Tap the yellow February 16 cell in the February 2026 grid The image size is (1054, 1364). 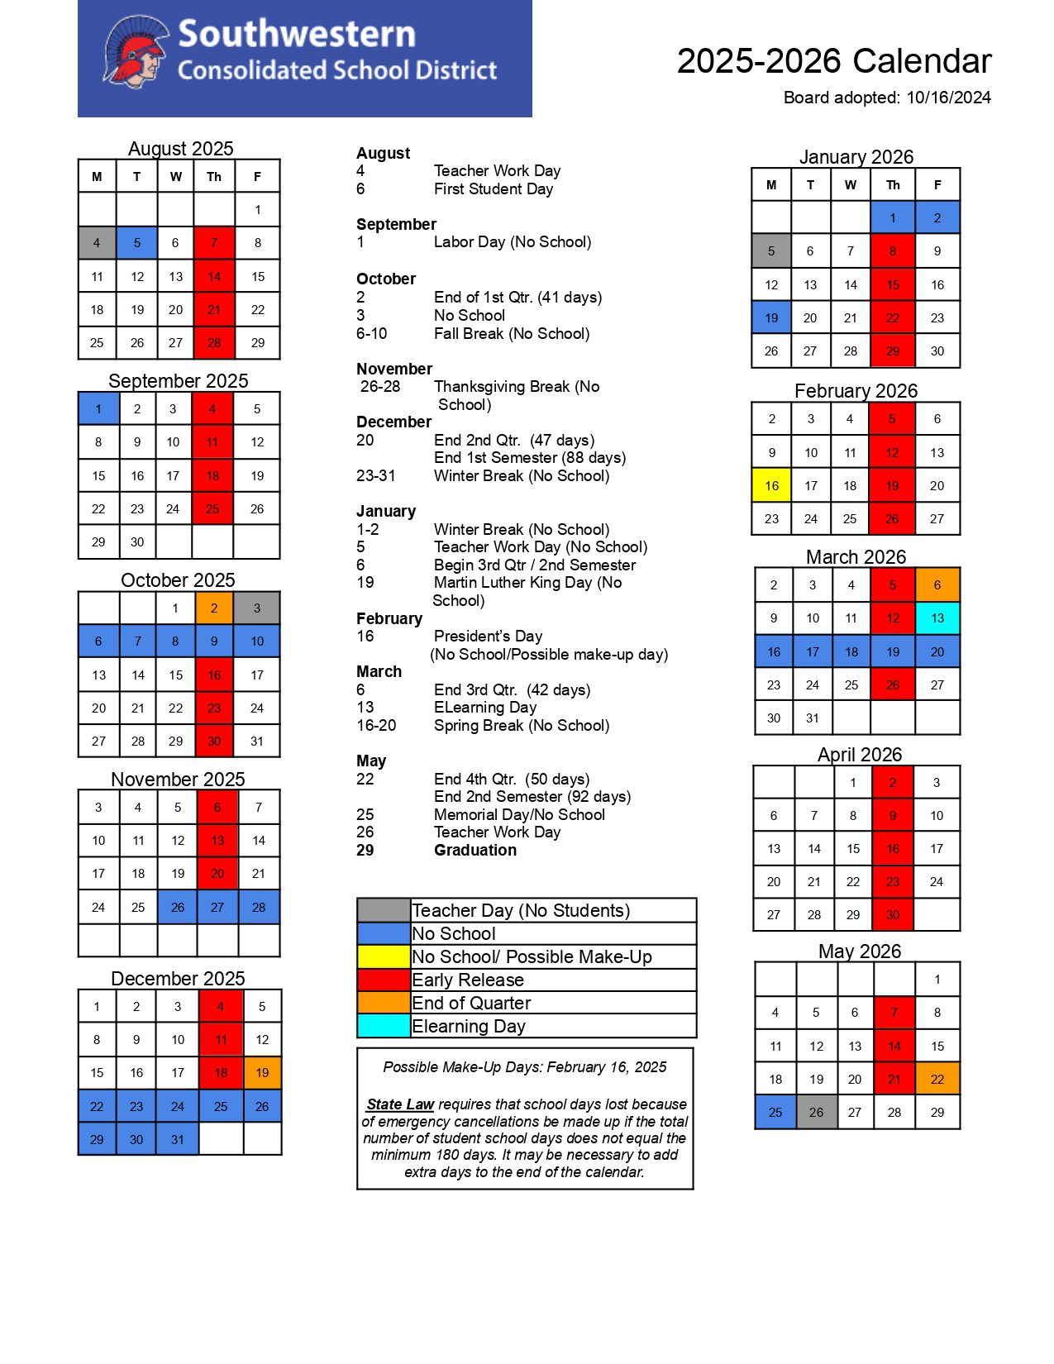pyautogui.click(x=771, y=485)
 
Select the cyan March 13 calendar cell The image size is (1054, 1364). pyautogui.click(x=937, y=618)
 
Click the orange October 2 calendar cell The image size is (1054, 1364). pyautogui.click(x=214, y=608)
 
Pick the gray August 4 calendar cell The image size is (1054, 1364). pyautogui.click(x=97, y=243)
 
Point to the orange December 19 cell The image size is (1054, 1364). pyautogui.click(x=262, y=1072)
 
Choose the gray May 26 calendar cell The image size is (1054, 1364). pyautogui.click(x=816, y=1112)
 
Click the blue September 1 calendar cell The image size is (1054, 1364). pyautogui.click(x=98, y=408)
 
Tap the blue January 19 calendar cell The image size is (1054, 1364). pyautogui.click(x=771, y=317)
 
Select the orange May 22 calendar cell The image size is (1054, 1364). pyautogui.click(x=937, y=1079)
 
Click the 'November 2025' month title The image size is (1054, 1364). pyautogui.click(x=178, y=780)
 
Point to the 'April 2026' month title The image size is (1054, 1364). pyautogui.click(x=860, y=755)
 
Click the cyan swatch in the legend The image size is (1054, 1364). pyautogui.click(x=384, y=1026)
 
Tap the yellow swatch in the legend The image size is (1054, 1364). pyautogui.click(x=384, y=956)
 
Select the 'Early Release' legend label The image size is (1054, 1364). pyautogui.click(x=468, y=980)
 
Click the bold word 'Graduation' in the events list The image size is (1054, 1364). pyautogui.click(x=475, y=850)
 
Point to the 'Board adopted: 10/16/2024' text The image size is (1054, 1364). pyautogui.click(x=887, y=98)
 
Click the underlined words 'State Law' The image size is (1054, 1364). pyautogui.click(x=400, y=1104)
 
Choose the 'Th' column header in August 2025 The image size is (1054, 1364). pyautogui.click(x=214, y=176)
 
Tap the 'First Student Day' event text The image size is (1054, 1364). pyautogui.click(x=494, y=188)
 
